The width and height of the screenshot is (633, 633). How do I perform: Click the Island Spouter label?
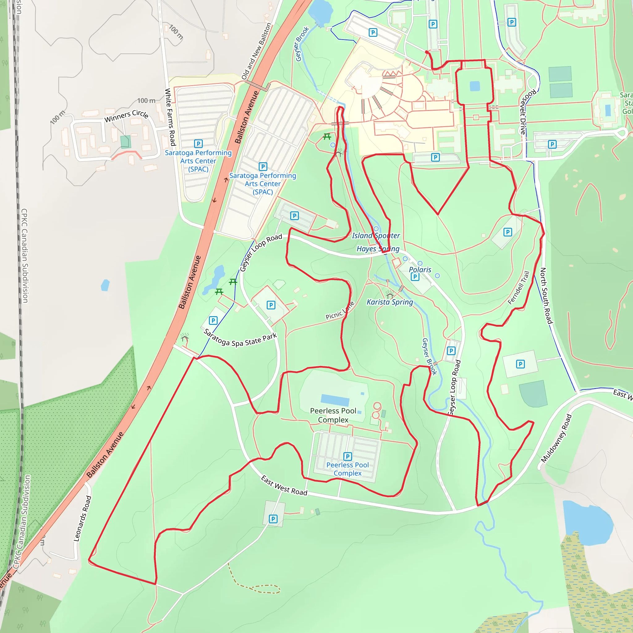point(376,236)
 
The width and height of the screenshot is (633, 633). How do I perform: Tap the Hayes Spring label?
point(378,249)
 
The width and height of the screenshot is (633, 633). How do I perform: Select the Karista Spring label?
point(389,302)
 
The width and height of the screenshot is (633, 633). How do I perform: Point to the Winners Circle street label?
point(126,116)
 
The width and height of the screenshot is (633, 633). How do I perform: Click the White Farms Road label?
point(170,117)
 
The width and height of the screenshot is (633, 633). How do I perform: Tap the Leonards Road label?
point(82,518)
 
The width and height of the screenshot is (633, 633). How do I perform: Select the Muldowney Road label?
point(556,438)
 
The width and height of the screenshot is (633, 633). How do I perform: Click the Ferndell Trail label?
point(518,288)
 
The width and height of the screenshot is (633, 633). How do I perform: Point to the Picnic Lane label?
point(340,311)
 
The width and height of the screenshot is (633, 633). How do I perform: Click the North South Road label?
point(546,295)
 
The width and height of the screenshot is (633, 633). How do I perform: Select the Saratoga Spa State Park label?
point(240,339)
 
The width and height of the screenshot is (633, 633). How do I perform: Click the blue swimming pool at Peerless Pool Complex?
point(335,400)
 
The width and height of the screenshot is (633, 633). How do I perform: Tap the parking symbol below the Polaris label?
point(415,277)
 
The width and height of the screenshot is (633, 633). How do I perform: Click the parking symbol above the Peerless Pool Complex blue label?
point(348,456)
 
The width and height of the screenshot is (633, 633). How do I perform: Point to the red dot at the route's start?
point(427,52)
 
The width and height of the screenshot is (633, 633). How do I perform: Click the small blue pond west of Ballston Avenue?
point(105,285)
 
